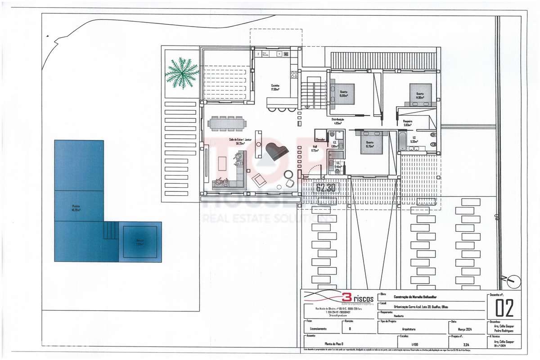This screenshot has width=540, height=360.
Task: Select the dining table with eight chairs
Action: (227, 123)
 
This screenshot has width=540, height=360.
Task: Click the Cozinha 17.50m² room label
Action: (275, 87)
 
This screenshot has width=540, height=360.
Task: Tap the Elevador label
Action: (320, 139)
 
